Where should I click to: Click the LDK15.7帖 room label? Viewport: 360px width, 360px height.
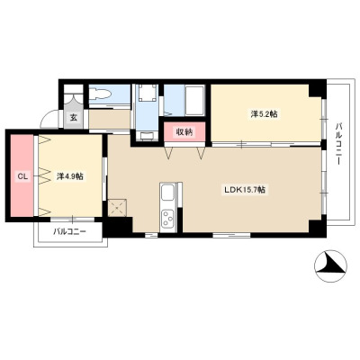pyautogui.click(x=245, y=190)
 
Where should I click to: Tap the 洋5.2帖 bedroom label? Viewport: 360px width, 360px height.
pyautogui.click(x=264, y=114)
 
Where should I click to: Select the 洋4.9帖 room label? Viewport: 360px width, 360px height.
pyautogui.click(x=70, y=176)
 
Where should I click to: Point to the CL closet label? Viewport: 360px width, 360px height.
pyautogui.click(x=22, y=176)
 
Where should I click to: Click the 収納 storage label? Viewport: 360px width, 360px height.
pyautogui.click(x=184, y=131)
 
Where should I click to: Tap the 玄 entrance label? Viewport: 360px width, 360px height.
pyautogui.click(x=74, y=118)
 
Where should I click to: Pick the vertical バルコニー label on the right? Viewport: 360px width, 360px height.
pyautogui.click(x=339, y=143)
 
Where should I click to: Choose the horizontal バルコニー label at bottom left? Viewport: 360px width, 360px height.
pyautogui.click(x=70, y=231)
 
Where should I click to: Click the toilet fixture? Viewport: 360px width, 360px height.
pyautogui.click(x=100, y=94)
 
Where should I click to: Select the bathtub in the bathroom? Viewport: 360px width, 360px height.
pyautogui.click(x=194, y=101)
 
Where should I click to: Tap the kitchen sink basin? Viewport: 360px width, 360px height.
pyautogui.click(x=167, y=192)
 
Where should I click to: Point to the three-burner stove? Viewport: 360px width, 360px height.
pyautogui.click(x=167, y=218)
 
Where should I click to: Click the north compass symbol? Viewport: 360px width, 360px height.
pyautogui.click(x=330, y=265)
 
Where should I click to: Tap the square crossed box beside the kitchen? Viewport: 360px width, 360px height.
pyautogui.click(x=118, y=208)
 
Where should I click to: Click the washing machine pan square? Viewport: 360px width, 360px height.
pyautogui.click(x=147, y=93)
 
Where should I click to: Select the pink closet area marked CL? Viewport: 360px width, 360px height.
pyautogui.click(x=22, y=175)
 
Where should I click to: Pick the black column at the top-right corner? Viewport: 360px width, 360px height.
pyautogui.click(x=318, y=88)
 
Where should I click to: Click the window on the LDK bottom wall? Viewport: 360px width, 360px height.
pyautogui.click(x=231, y=235)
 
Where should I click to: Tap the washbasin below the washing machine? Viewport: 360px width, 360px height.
pyautogui.click(x=147, y=136)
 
